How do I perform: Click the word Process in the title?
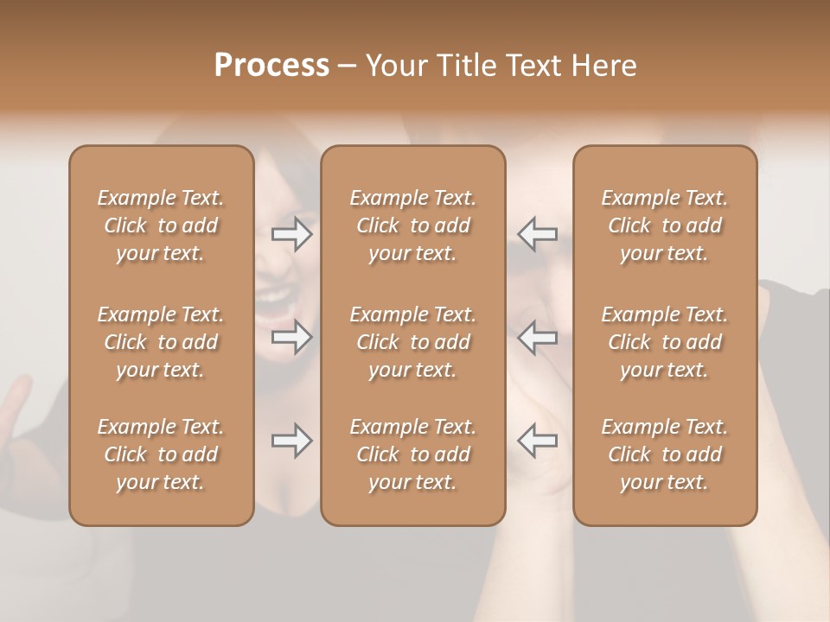pyautogui.click(x=271, y=66)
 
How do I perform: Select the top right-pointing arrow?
pyautogui.click(x=292, y=234)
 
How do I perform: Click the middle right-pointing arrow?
pyautogui.click(x=292, y=337)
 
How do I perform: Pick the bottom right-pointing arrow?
pyautogui.click(x=292, y=441)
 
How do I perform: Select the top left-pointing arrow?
pyautogui.click(x=537, y=234)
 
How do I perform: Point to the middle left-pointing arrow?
pyautogui.click(x=537, y=337)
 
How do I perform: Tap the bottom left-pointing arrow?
pyautogui.click(x=537, y=441)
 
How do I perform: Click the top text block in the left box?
pyautogui.click(x=161, y=225)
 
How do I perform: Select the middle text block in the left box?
pyautogui.click(x=161, y=342)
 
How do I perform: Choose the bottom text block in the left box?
pyautogui.click(x=161, y=454)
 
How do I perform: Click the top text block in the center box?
pyautogui.click(x=412, y=225)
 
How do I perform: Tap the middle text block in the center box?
pyautogui.click(x=412, y=342)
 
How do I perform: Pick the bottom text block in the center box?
pyautogui.click(x=412, y=454)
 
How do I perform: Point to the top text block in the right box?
pyautogui.click(x=664, y=225)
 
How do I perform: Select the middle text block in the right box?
pyautogui.click(x=664, y=342)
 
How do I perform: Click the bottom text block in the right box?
pyautogui.click(x=664, y=454)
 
